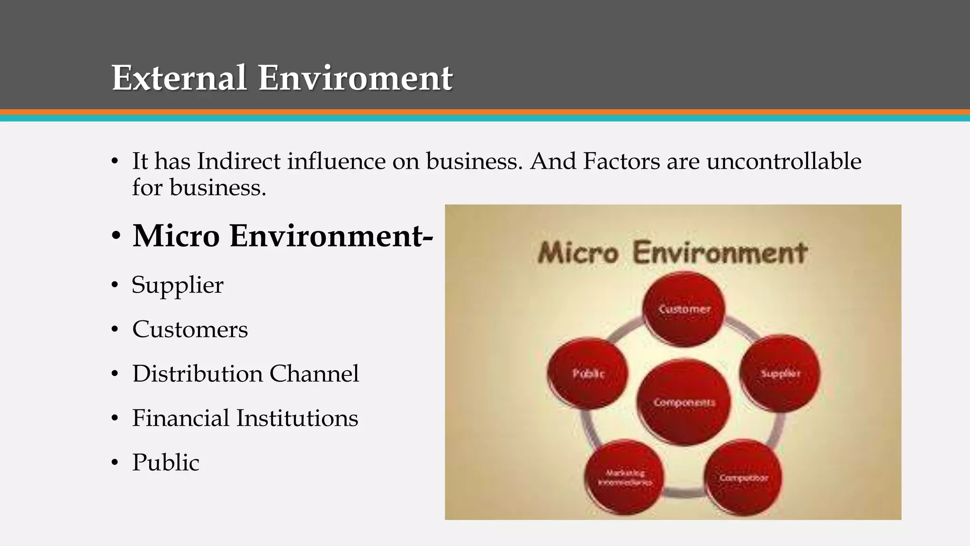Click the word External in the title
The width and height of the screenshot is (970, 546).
(x=179, y=78)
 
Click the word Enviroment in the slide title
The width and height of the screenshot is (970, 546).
(x=355, y=78)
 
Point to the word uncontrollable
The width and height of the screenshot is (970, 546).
(x=783, y=161)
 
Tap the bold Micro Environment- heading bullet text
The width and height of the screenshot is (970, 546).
(x=282, y=236)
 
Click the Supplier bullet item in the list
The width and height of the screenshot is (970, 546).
(x=178, y=285)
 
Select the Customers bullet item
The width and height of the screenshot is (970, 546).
(x=190, y=329)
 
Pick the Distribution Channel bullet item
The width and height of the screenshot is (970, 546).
(x=245, y=374)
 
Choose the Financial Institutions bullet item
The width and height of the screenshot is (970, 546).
(x=245, y=418)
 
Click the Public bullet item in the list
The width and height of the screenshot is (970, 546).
(x=166, y=463)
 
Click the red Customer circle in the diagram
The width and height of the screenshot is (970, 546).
(x=684, y=309)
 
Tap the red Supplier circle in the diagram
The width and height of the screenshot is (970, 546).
(x=780, y=373)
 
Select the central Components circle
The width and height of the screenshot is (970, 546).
(x=684, y=402)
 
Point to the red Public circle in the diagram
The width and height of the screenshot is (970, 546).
(x=588, y=373)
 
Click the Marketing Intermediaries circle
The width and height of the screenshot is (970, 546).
(x=625, y=477)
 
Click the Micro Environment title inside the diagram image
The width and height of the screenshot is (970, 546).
(x=673, y=252)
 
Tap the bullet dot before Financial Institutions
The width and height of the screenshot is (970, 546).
(x=115, y=419)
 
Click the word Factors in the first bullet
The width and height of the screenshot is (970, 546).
(x=621, y=161)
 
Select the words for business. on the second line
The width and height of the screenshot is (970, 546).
(x=199, y=188)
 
